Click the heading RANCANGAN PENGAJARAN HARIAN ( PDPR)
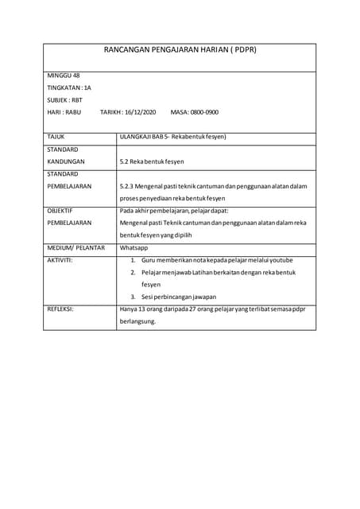[x=180, y=49]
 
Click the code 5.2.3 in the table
[x=126, y=186]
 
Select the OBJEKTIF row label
[x=60, y=211]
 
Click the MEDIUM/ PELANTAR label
[x=76, y=248]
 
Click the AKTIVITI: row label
[x=60, y=260]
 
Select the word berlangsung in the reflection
[x=136, y=322]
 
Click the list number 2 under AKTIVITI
[x=133, y=273]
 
